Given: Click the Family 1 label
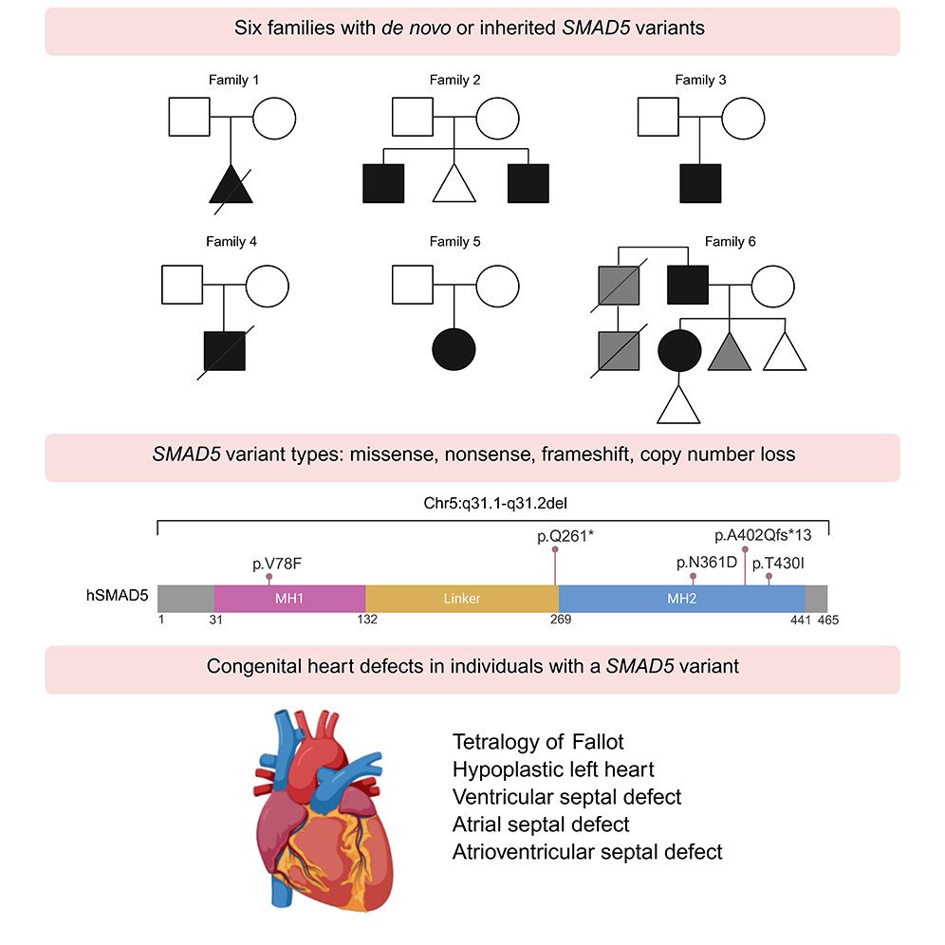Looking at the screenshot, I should pyautogui.click(x=232, y=80).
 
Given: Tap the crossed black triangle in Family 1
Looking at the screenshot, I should pyautogui.click(x=232, y=184).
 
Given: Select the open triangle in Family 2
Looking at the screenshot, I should pyautogui.click(x=454, y=183).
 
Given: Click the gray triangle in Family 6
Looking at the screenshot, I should pyautogui.click(x=729, y=352).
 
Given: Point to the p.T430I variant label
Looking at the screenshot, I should pyautogui.click(x=778, y=564).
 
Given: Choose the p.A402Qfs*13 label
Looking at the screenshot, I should pyautogui.click(x=763, y=535).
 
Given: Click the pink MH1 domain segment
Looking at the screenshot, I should pyautogui.click(x=289, y=599).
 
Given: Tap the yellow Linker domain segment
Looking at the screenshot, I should pyautogui.click(x=462, y=599).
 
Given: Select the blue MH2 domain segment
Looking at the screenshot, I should pyautogui.click(x=681, y=599).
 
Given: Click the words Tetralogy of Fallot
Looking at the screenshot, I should pyautogui.click(x=538, y=741).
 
